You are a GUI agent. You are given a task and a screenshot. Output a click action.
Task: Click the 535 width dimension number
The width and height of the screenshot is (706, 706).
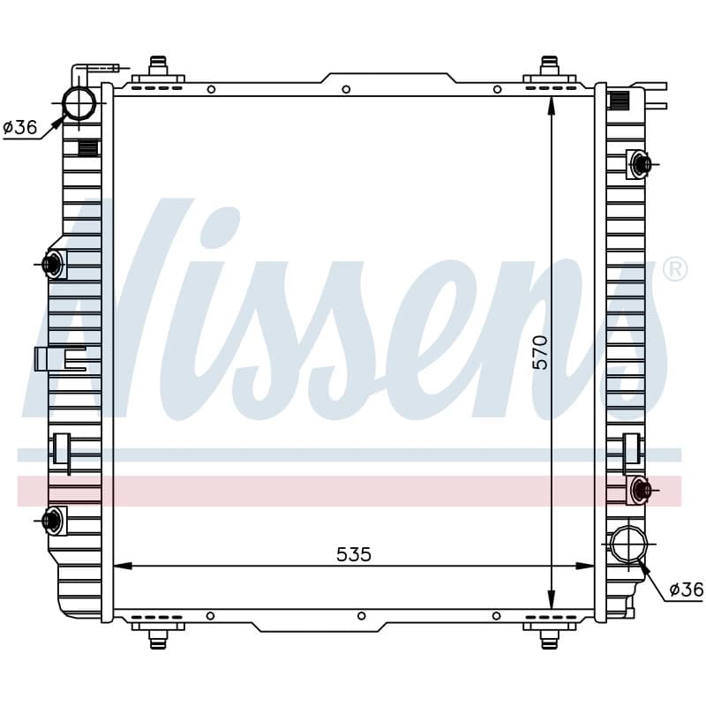354,555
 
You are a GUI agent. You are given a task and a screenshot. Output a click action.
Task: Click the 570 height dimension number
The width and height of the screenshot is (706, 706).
540,352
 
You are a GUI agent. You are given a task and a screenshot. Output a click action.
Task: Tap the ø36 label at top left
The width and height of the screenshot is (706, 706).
19,127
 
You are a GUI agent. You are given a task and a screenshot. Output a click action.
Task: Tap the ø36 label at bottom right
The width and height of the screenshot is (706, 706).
687,589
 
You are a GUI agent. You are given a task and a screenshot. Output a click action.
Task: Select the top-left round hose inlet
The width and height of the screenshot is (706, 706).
79,102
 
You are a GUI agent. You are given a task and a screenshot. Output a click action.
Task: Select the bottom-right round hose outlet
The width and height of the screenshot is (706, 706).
628,545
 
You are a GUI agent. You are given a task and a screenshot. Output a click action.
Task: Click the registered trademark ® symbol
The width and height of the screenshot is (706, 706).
675,270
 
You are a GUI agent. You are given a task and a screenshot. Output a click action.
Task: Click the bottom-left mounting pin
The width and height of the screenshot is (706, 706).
158,639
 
